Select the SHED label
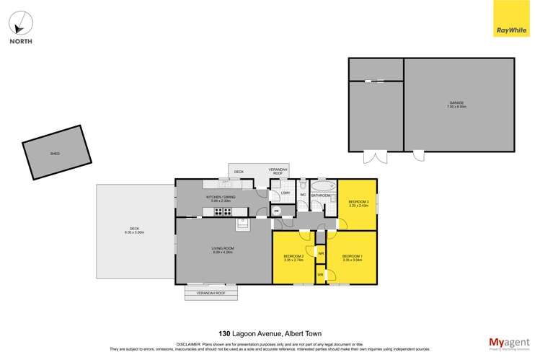(x=55, y=154)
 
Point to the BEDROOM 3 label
(x=358, y=201)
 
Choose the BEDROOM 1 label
(x=353, y=256)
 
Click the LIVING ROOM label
(x=223, y=248)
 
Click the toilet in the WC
(x=304, y=185)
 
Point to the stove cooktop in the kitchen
(x=223, y=211)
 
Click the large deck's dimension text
(x=135, y=232)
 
